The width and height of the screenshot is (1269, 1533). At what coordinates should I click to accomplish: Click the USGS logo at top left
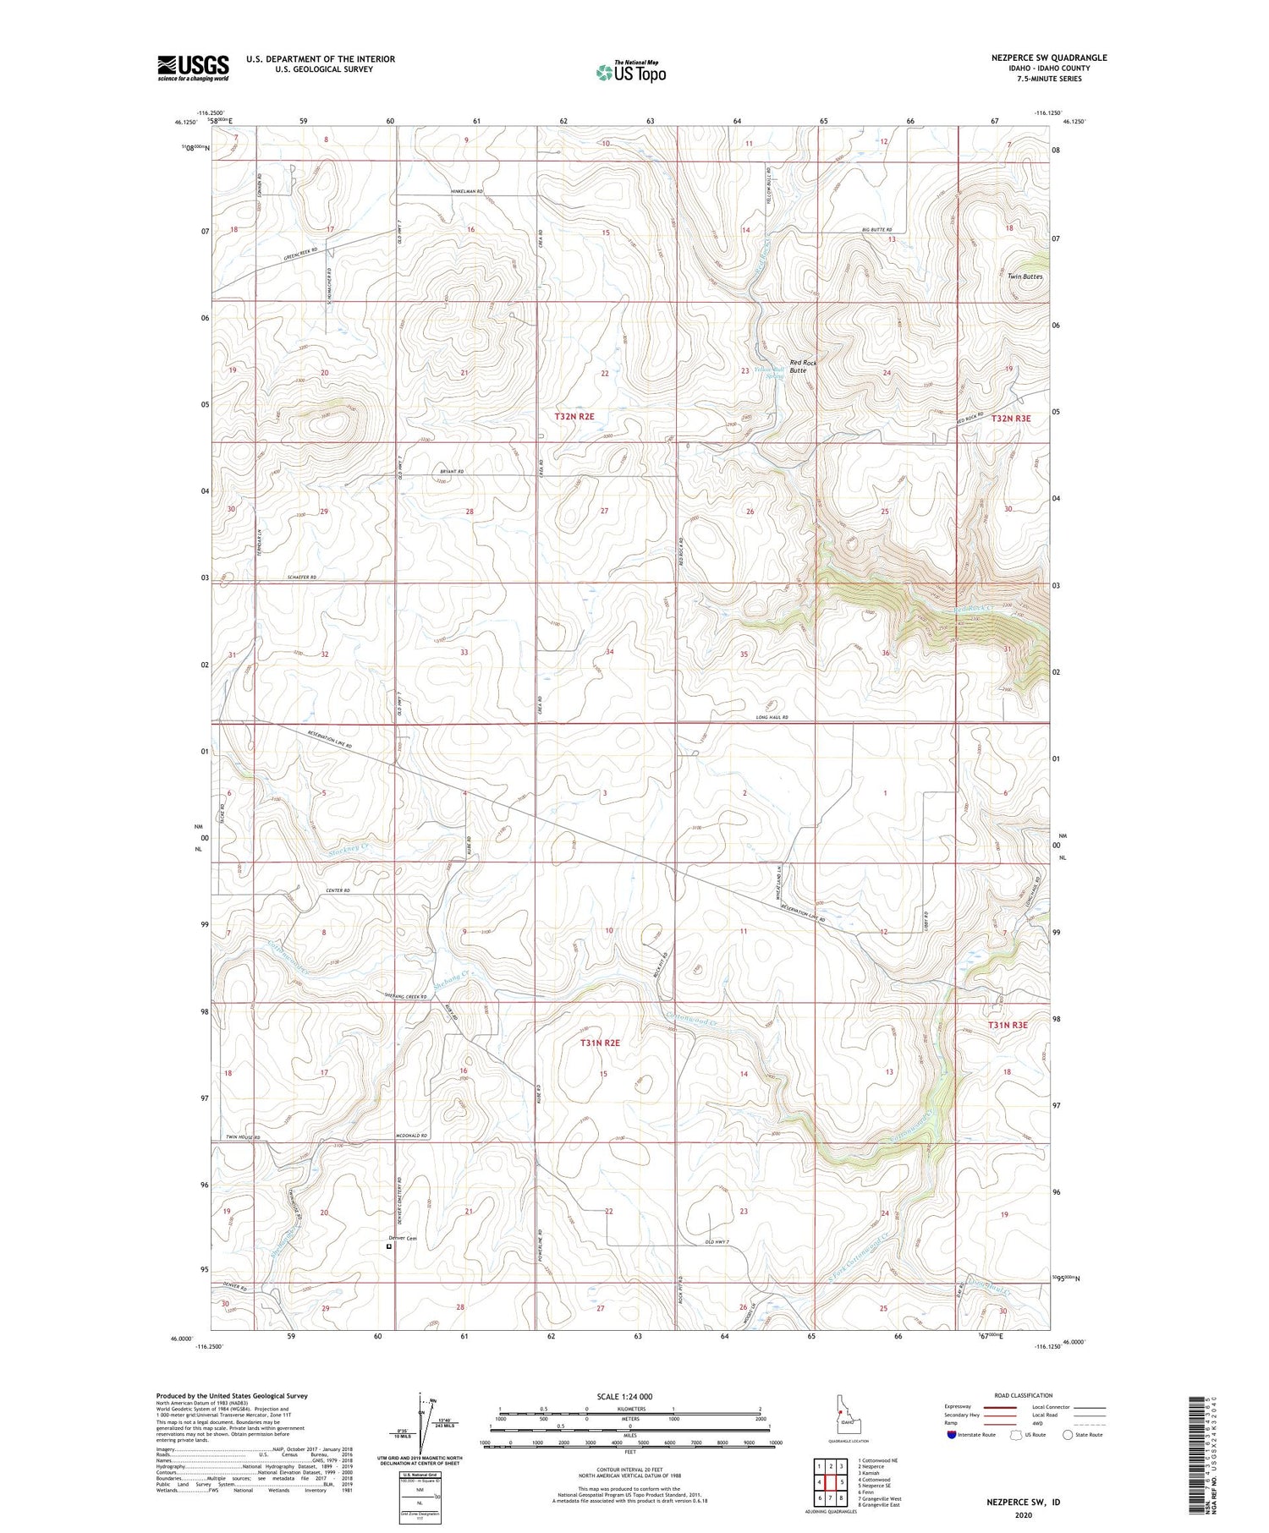point(193,68)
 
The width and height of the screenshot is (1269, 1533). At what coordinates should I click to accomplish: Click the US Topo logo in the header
point(631,73)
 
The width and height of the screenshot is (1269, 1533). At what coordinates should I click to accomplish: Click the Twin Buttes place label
point(1025,276)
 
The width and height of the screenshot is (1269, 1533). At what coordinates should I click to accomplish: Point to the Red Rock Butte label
point(803,366)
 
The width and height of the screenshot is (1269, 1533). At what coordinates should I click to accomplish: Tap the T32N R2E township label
point(574,417)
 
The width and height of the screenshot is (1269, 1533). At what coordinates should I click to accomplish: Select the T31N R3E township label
point(1008,1024)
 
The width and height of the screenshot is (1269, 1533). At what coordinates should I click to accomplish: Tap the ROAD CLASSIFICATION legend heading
point(1024,1395)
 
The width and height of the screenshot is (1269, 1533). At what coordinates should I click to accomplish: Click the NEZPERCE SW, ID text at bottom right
point(1023,1502)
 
